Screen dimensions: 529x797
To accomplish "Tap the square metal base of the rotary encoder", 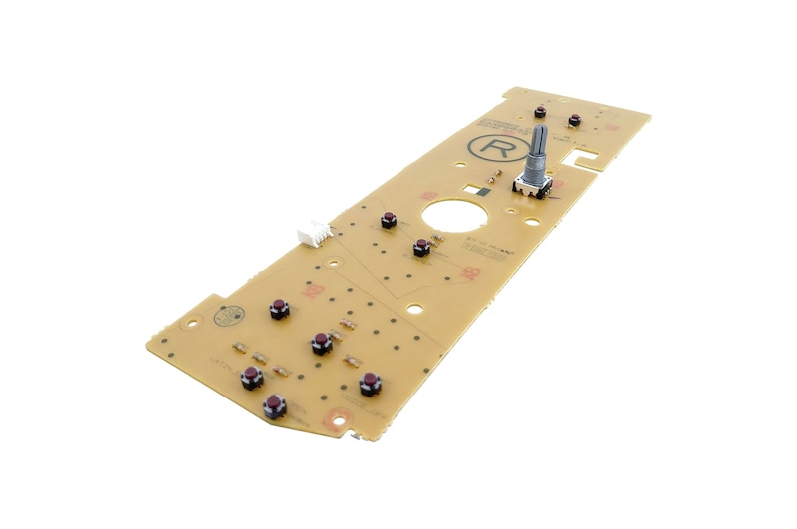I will pos(531,185).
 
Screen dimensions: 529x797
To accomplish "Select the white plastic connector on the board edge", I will pos(313,231).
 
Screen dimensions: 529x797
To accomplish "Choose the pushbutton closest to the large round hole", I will pos(422,246).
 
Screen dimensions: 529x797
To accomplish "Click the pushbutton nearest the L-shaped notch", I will pos(574,120).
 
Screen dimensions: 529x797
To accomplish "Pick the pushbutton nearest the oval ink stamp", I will pos(280,309).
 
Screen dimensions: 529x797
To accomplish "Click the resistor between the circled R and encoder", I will pos(495,180).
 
